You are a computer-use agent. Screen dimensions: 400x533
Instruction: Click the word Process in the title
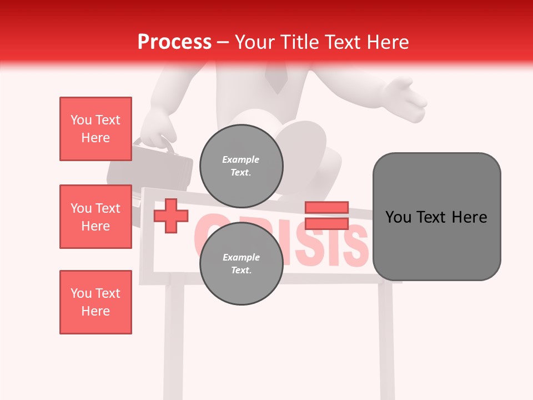tap(174, 42)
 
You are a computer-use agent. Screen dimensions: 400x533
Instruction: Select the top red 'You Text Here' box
tap(95, 129)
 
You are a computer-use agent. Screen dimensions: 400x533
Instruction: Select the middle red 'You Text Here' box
tap(95, 217)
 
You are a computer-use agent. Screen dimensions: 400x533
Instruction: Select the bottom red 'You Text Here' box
tap(95, 302)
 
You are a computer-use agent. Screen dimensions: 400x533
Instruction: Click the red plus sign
tap(171, 216)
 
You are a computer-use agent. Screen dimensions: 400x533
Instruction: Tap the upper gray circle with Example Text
tap(241, 166)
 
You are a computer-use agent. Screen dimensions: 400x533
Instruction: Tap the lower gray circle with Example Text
tap(241, 264)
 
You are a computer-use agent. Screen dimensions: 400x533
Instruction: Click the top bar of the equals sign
tap(326, 207)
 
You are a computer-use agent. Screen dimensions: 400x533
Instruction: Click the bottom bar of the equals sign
tap(326, 223)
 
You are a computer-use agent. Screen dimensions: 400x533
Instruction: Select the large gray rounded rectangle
tap(436, 217)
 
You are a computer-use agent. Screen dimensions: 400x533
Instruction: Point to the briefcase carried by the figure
tap(150, 167)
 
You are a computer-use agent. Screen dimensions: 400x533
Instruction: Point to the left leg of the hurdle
tap(174, 339)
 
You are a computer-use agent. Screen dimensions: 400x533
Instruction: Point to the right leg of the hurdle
tap(386, 339)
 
